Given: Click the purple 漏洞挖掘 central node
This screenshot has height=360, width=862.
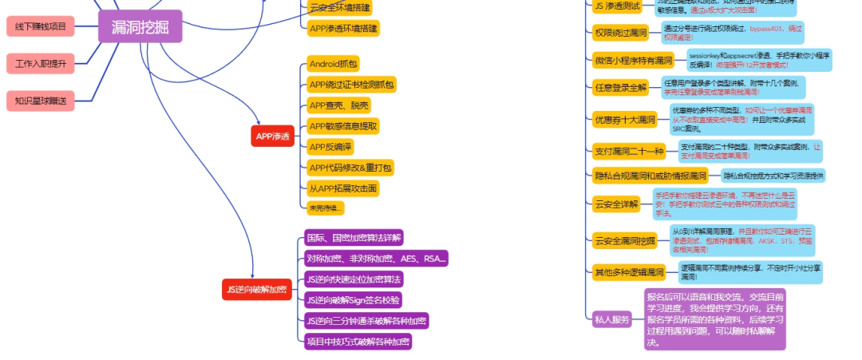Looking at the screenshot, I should click(140, 26).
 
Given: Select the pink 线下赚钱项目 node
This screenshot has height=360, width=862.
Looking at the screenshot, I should click(41, 26).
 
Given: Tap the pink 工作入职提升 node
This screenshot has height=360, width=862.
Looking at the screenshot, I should click(41, 63).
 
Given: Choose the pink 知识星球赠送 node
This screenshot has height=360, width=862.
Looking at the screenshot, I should click(41, 100).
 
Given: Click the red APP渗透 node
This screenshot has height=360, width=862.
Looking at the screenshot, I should click(273, 136).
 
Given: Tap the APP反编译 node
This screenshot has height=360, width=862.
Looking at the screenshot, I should click(330, 147).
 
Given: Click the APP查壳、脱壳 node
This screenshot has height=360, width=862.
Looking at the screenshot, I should click(339, 105).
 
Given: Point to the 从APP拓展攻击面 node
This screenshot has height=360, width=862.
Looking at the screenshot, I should click(343, 188).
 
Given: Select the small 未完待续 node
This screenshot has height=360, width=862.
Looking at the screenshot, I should click(326, 208).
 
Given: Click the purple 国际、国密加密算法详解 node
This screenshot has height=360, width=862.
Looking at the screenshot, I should click(354, 238).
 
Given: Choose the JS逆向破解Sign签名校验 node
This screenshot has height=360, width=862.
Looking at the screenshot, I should click(354, 300).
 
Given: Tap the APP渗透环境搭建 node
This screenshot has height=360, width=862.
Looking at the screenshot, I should click(343, 28).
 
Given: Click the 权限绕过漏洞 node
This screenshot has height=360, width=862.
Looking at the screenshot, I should click(621, 33).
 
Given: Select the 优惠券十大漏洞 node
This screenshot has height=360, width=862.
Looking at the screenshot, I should click(625, 121).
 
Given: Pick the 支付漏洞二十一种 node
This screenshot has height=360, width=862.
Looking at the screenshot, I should click(629, 151).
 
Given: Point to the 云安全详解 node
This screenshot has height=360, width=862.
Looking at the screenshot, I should click(617, 204).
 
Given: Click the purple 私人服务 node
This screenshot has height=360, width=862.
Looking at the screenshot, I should click(613, 319).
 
